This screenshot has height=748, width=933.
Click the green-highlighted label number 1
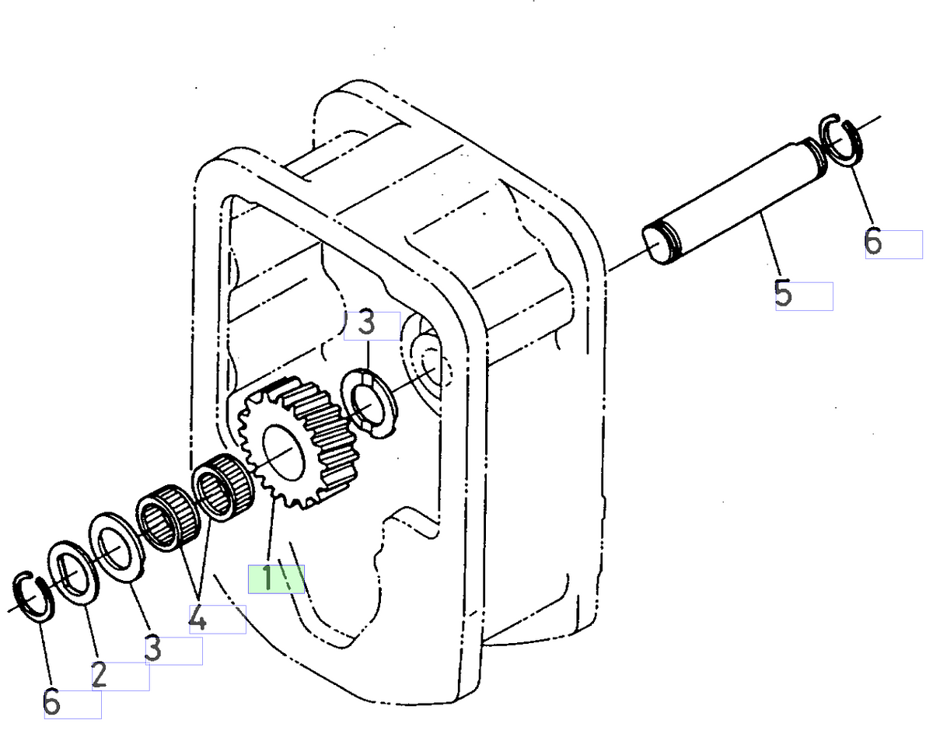267,579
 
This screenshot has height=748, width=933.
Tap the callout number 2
99,676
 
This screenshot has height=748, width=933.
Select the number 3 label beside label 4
153,649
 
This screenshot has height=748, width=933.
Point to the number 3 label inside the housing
367,323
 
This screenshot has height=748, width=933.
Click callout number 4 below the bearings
198,620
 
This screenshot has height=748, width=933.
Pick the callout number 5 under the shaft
783,295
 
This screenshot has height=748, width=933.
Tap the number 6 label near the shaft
873,243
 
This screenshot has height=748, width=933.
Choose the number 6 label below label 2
51,703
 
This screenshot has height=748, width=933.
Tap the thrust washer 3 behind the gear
370,402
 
